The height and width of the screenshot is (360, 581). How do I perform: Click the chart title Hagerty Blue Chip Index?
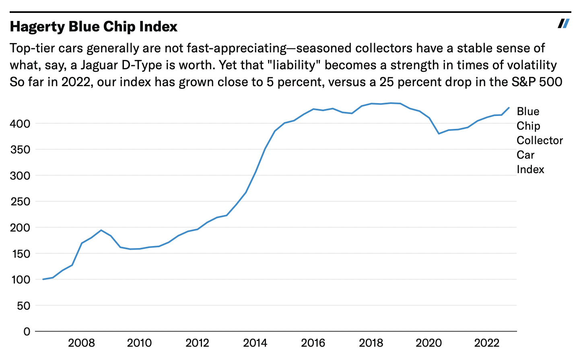pyautogui.click(x=94, y=27)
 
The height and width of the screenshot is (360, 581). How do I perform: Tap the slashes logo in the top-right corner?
pyautogui.click(x=563, y=23)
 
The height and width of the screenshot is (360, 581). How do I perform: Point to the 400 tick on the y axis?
pyautogui.click(x=20, y=124)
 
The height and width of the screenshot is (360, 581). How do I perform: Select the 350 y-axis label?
pyautogui.click(x=20, y=150)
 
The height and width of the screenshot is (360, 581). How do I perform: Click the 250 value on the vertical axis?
pyautogui.click(x=20, y=202)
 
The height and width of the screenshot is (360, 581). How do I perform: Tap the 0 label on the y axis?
pyautogui.click(x=27, y=332)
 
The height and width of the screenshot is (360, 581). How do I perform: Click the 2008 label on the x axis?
pyautogui.click(x=81, y=343)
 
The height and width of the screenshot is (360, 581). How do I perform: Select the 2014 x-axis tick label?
pyautogui.click(x=255, y=343)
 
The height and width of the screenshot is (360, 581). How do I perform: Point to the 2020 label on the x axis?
pyautogui.click(x=429, y=343)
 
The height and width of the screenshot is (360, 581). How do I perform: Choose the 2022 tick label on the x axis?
pyautogui.click(x=486, y=343)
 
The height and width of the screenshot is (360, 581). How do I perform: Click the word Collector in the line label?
pyautogui.click(x=540, y=141)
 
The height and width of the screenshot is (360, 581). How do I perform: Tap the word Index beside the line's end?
pyautogui.click(x=530, y=170)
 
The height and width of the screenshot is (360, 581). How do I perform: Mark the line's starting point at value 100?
pyautogui.click(x=43, y=279)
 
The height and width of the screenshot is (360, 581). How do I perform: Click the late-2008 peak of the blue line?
pyautogui.click(x=101, y=230)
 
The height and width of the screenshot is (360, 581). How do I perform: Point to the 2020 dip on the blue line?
pyautogui.click(x=439, y=134)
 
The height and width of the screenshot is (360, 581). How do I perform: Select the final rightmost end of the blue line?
pyautogui.click(x=509, y=108)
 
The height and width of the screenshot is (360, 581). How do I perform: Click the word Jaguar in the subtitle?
pyautogui.click(x=99, y=65)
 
